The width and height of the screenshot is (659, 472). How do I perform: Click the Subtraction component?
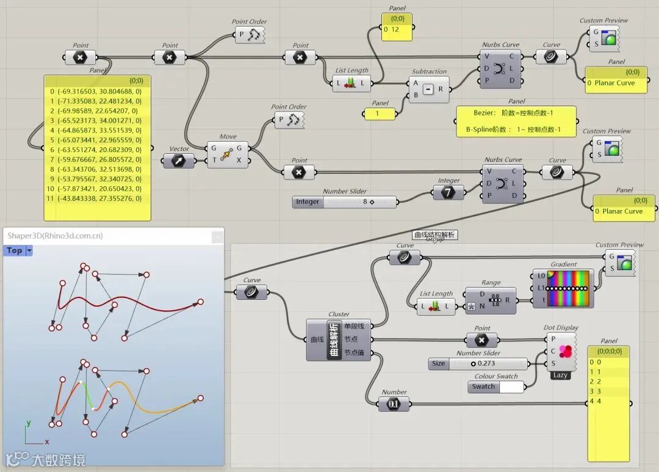pyautogui.click(x=428, y=90)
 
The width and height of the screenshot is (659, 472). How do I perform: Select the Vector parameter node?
pyautogui.click(x=179, y=161)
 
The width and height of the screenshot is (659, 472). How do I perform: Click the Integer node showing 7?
pyautogui.click(x=448, y=192)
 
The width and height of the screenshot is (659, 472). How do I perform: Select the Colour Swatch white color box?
pyautogui.click(x=511, y=387)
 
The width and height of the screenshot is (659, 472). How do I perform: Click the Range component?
pyautogui.click(x=491, y=300)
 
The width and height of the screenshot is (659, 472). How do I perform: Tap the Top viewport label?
pyautogui.click(x=15, y=250)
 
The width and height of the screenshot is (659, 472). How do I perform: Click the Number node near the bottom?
pyautogui.click(x=394, y=404)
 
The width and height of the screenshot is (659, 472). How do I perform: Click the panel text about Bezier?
pyautogui.click(x=516, y=113)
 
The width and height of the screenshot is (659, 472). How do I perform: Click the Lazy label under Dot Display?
pyautogui.click(x=561, y=375)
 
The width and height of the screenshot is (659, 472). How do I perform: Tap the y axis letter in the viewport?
pyautogui.click(x=29, y=423)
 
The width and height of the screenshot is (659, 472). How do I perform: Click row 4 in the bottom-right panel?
pyautogui.click(x=608, y=401)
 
